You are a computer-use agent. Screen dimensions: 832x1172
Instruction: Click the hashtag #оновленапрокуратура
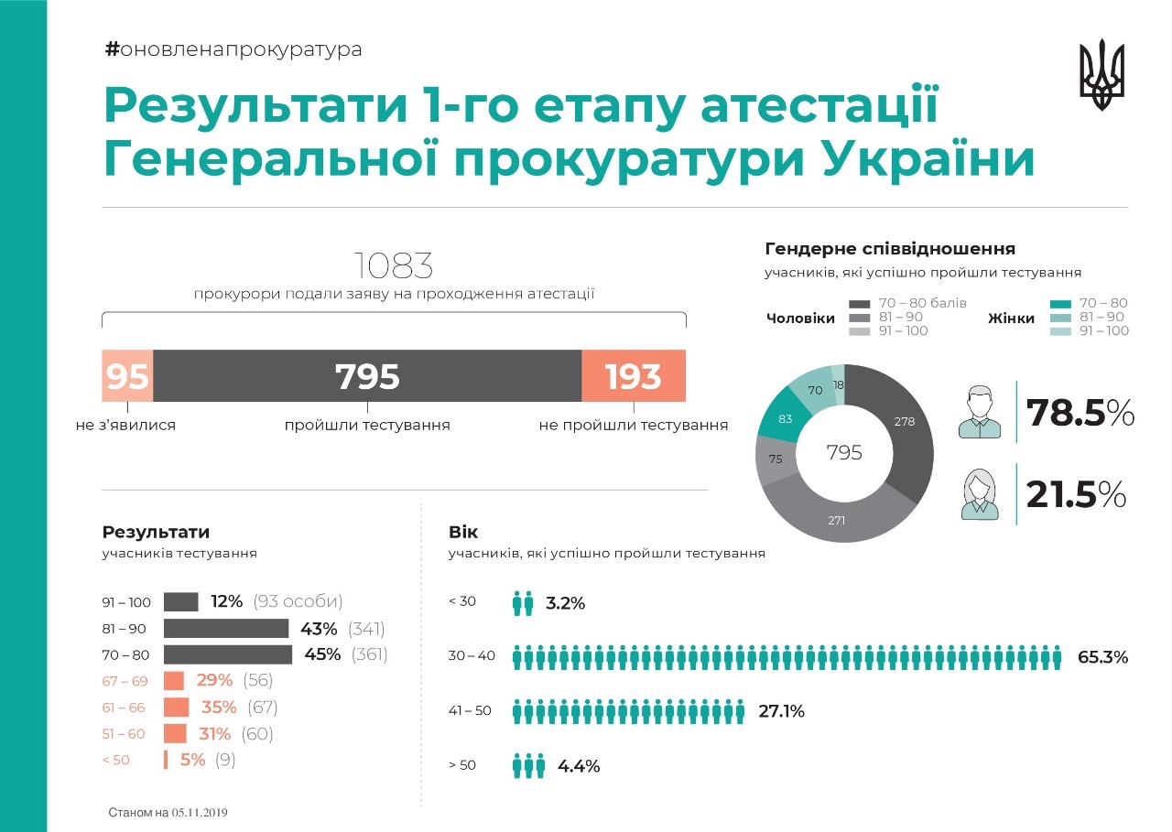pyautogui.click(x=233, y=49)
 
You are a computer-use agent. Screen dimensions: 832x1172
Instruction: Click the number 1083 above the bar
pyautogui.click(x=394, y=266)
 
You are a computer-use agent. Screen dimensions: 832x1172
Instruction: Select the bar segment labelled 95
pyautogui.click(x=127, y=376)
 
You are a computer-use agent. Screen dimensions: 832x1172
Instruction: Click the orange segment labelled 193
pyautogui.click(x=634, y=376)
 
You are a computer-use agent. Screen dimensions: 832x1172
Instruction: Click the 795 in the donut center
pyautogui.click(x=844, y=452)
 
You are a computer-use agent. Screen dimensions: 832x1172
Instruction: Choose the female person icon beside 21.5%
pyautogui.click(x=981, y=495)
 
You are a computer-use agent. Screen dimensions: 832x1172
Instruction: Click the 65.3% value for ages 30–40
pyautogui.click(x=1102, y=657)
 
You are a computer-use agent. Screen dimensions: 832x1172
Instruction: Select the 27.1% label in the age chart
pyautogui.click(x=780, y=711)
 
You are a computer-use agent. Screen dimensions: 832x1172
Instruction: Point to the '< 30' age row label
pyautogui.click(x=462, y=601)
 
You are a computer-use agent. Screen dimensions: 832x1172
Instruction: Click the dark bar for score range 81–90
pyautogui.click(x=226, y=628)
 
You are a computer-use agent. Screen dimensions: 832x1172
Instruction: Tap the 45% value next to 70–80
pyautogui.click(x=321, y=654)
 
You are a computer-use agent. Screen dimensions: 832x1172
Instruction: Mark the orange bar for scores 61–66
pyautogui.click(x=177, y=708)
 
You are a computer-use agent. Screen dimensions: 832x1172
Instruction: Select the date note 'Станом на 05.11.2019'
pyautogui.click(x=168, y=812)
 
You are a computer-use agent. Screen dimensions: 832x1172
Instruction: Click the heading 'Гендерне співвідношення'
pyautogui.click(x=889, y=249)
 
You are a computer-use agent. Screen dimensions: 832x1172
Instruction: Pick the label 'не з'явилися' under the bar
pyautogui.click(x=126, y=425)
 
